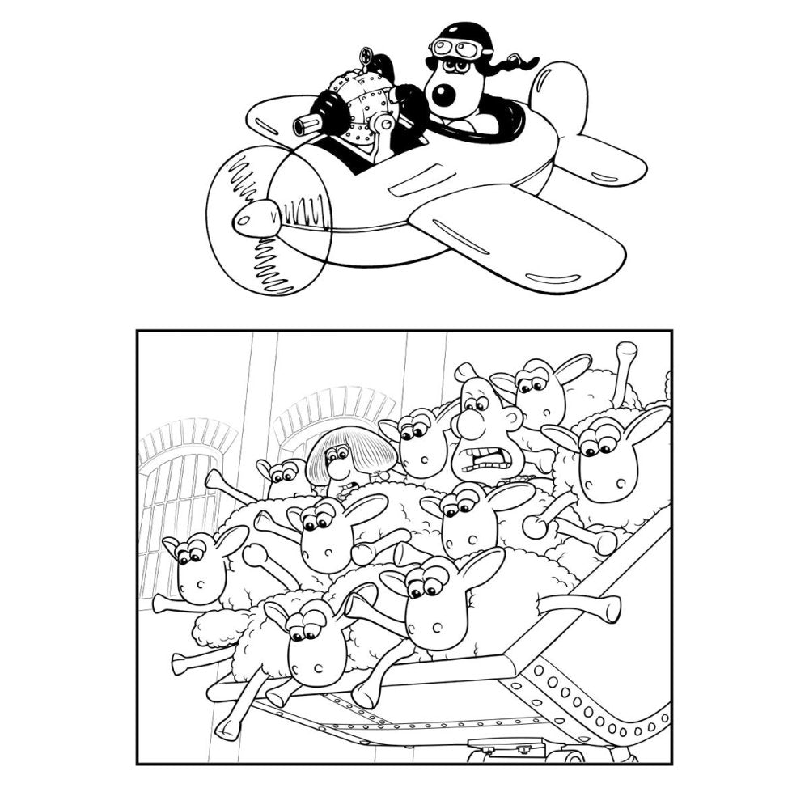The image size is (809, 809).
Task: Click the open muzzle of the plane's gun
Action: pyautogui.click(x=301, y=125)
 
